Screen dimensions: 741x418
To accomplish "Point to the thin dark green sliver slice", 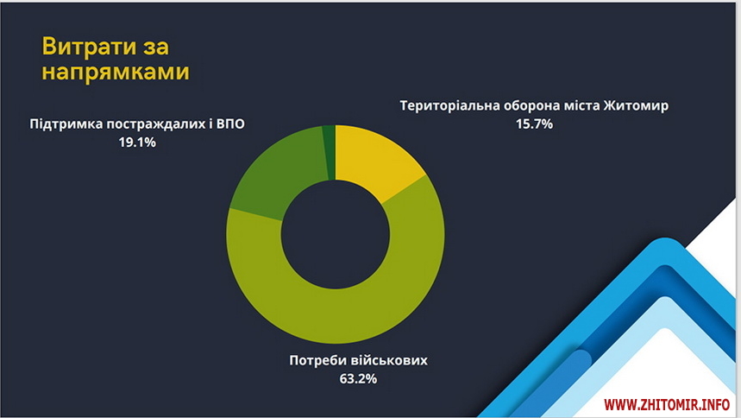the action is pyautogui.click(x=330, y=151).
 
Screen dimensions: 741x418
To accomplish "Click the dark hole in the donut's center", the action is pyautogui.click(x=336, y=234).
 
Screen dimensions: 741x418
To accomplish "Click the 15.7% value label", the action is pyautogui.click(x=534, y=124).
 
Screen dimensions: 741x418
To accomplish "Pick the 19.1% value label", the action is pyautogui.click(x=137, y=142).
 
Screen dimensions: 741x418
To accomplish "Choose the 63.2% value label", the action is pyautogui.click(x=358, y=379).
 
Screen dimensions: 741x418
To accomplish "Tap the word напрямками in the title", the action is pyautogui.click(x=116, y=73).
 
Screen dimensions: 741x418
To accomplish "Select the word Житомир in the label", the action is pyautogui.click(x=636, y=105).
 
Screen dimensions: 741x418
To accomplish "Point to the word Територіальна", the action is pyautogui.click(x=449, y=105).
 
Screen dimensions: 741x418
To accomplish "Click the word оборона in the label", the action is pyautogui.click(x=531, y=106).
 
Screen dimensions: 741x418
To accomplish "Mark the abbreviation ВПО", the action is pyautogui.click(x=230, y=124).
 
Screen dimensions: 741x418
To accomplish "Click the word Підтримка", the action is pyautogui.click(x=66, y=124).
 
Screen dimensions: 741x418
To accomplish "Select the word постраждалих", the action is pyautogui.click(x=155, y=124).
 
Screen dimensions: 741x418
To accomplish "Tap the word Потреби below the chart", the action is pyautogui.click(x=317, y=361).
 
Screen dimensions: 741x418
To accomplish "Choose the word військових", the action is pyautogui.click(x=389, y=361).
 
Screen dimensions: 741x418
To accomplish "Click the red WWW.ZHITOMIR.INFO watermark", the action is pyautogui.click(x=667, y=405).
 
